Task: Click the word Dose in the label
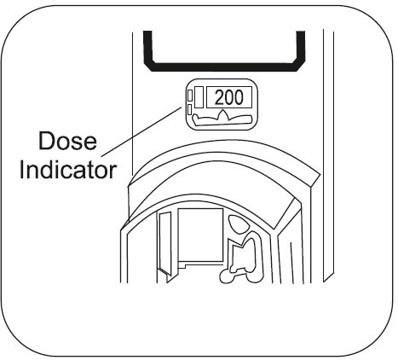67,141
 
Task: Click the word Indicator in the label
68,170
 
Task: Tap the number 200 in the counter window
229,97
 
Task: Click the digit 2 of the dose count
219,97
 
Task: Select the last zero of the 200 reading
239,97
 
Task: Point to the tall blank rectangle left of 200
199,97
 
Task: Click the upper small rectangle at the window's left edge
190,95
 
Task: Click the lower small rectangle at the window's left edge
190,109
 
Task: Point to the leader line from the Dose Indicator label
141,131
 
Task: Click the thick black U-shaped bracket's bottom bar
224,67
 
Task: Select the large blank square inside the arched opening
200,235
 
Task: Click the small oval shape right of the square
238,224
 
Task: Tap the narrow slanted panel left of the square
165,243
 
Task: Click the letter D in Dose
46,141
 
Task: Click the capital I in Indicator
21,170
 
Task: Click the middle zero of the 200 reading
229,97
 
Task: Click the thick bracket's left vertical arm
147,47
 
